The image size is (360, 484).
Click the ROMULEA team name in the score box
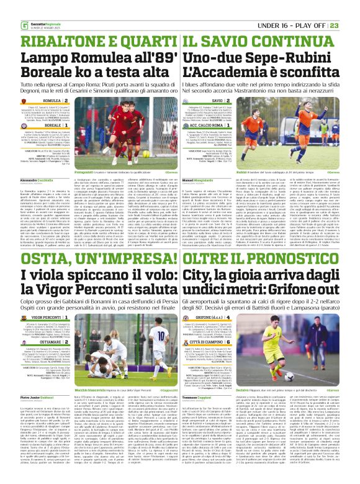tap(52, 99)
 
